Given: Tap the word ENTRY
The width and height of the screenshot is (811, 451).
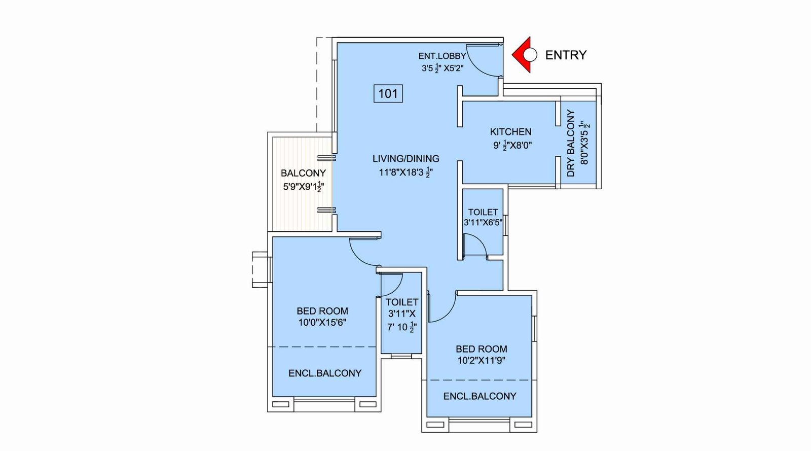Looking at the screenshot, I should tap(566, 55).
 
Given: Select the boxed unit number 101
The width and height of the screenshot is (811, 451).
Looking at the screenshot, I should tap(388, 93).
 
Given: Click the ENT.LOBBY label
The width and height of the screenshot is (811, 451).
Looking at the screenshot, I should tap(441, 56).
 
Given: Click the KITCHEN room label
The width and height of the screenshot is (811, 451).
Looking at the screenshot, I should tap(510, 131).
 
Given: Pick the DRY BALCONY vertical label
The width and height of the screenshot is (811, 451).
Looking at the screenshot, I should tap(571, 143).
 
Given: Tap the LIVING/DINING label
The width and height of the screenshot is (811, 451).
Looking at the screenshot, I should tap(405, 159).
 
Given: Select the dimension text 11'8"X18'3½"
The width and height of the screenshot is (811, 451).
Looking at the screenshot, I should tap(405, 172).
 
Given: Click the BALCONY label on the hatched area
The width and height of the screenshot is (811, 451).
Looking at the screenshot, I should tap(303, 173).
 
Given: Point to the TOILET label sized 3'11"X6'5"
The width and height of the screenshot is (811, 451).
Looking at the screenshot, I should tap(483, 212).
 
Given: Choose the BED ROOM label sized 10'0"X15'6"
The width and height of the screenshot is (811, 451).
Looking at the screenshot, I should tap(322, 311).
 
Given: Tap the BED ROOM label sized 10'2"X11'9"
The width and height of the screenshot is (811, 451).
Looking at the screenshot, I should tap(481, 349).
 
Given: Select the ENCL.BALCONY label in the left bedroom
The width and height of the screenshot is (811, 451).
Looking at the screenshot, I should tap(324, 373).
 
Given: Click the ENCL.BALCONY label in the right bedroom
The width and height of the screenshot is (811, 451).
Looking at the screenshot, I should tap(480, 396).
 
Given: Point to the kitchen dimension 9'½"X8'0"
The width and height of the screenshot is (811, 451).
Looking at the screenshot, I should tap(512, 146).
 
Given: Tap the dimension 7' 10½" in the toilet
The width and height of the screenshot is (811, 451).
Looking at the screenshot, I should tap(401, 327).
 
